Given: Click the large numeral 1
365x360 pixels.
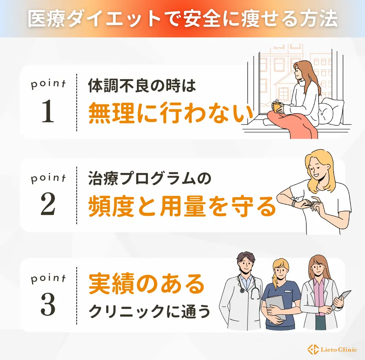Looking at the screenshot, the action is click(48, 111).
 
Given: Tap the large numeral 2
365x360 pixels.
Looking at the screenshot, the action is click(48, 204).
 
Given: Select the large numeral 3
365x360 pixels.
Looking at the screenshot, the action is click(48, 304).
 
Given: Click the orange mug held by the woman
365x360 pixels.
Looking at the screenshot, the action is click(277, 108).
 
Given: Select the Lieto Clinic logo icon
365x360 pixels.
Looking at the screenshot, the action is click(313, 349).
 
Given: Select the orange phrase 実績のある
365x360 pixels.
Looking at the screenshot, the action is click(147, 284).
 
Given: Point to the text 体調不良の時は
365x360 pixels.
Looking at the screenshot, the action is click(142, 85).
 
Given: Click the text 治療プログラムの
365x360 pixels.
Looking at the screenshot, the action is click(150, 179).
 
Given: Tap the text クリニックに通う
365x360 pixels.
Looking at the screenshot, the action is click(150, 311).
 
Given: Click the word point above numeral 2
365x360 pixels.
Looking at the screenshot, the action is click(48, 179).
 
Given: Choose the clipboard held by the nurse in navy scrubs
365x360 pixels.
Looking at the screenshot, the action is click(276, 308).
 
